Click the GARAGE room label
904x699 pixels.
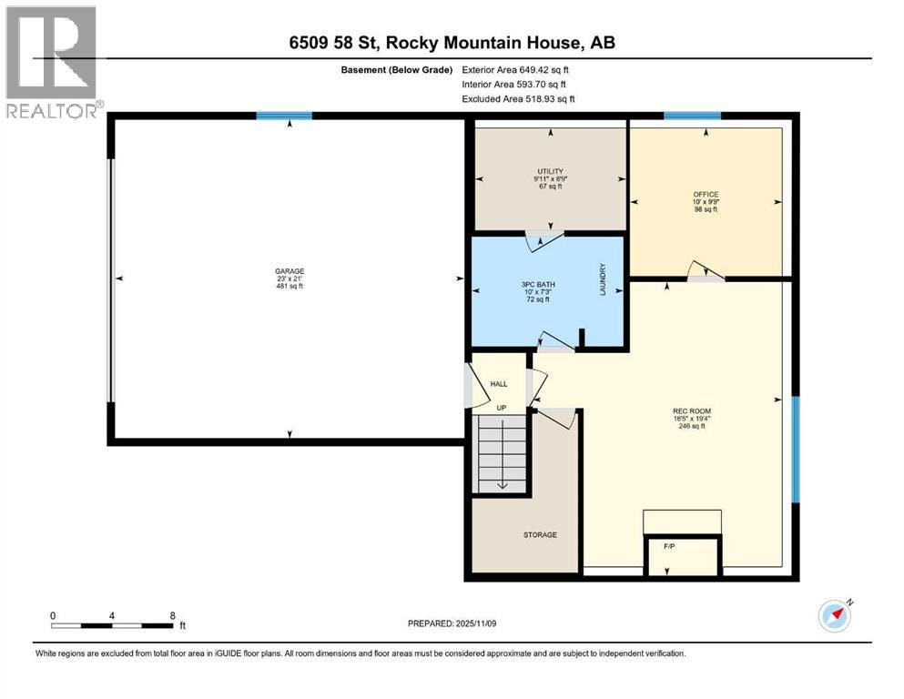[x=289, y=271]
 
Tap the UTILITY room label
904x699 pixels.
[x=550, y=171]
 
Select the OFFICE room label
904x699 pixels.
[x=706, y=195]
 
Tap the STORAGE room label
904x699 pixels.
[x=540, y=534]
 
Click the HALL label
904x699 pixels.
[x=499, y=384]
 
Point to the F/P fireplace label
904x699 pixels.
[x=668, y=547]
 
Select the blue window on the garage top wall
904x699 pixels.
[x=284, y=116]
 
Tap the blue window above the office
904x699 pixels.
[x=692, y=116]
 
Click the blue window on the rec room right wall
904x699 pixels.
[x=795, y=449]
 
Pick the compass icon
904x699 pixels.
[x=835, y=615]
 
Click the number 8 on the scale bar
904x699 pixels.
[x=172, y=615]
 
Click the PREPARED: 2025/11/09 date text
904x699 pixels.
[x=452, y=623]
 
